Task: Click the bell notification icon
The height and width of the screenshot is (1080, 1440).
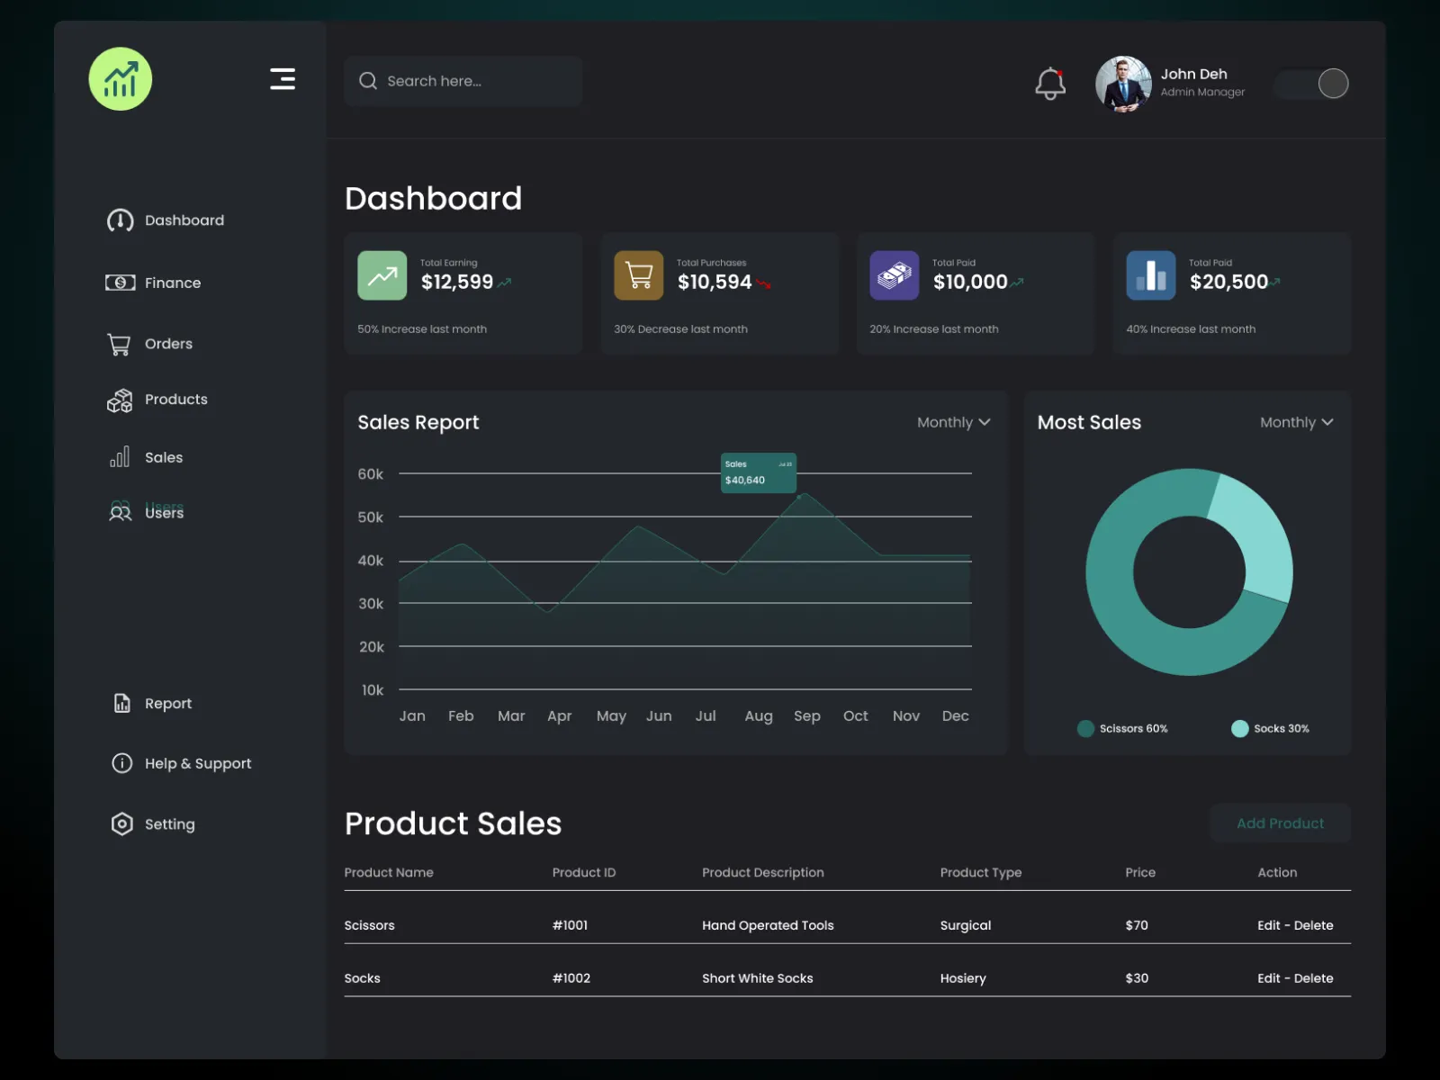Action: [1049, 84]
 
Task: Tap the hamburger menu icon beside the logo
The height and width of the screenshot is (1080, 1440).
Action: [283, 79]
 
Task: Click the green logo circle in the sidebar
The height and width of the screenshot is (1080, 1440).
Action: [121, 79]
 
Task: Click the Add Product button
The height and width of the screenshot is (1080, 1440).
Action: [1280, 823]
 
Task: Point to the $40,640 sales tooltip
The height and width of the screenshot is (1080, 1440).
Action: [758, 472]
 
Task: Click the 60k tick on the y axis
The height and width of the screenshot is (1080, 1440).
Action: [370, 474]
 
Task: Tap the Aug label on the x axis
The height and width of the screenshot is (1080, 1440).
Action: [758, 716]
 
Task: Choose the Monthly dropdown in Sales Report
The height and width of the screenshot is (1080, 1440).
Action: [953, 422]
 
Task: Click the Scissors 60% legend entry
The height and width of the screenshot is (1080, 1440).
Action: [1122, 728]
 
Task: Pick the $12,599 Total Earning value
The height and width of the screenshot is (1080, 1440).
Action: [457, 283]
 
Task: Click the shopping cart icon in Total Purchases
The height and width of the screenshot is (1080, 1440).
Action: [638, 275]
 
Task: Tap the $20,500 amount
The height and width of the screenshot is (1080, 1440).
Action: [1228, 283]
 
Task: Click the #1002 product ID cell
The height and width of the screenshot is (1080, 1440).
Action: [571, 978]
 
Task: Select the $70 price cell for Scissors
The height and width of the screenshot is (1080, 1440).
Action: [1137, 925]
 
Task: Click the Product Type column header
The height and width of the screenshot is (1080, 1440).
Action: [980, 872]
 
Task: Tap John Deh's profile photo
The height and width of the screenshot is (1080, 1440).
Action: [1122, 84]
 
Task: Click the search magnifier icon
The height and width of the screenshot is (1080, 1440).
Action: [368, 81]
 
